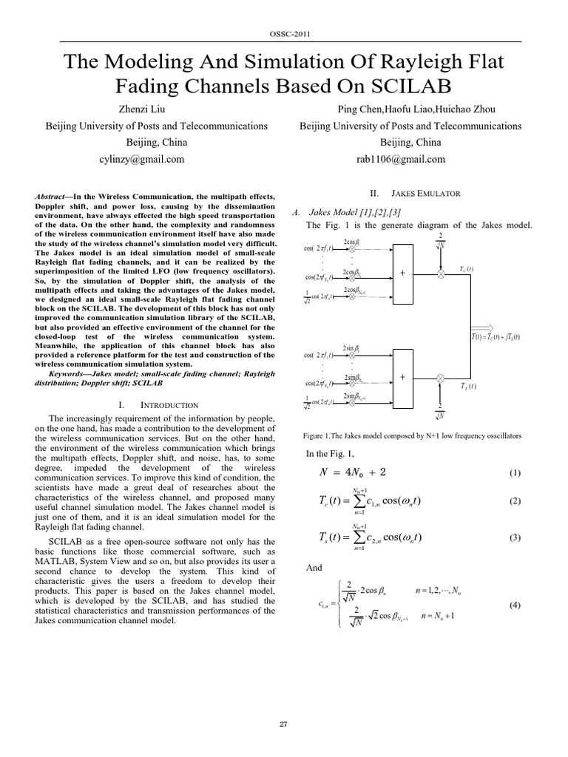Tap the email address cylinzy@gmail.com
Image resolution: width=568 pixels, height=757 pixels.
point(143,159)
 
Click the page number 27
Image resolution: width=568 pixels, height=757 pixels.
point(284,724)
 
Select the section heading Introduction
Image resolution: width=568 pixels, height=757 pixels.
point(169,405)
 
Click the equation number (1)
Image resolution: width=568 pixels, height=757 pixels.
point(515,472)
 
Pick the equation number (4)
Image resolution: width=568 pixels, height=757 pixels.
point(515,605)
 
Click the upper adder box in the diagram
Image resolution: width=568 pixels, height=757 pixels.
point(403,274)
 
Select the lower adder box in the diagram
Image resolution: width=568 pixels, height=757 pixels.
point(403,377)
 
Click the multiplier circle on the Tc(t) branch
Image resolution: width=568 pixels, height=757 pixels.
point(441,274)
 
